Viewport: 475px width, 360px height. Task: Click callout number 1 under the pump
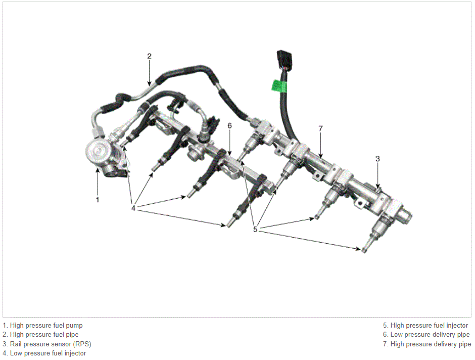coord(98,200)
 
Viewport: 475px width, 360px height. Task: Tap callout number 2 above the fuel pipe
coord(149,56)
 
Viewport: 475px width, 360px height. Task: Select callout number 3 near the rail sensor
coord(377,158)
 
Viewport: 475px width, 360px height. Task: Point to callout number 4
coord(133,208)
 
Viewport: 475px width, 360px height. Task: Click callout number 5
coord(255,230)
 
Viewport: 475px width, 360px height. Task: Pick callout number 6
coord(229,125)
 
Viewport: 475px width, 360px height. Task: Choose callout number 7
coord(321,128)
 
